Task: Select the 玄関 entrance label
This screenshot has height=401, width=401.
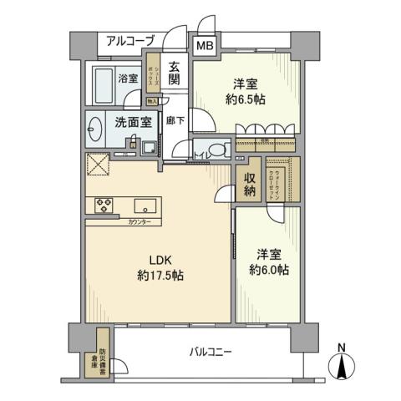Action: point(173,74)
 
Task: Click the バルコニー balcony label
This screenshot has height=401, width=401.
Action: point(210,352)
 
